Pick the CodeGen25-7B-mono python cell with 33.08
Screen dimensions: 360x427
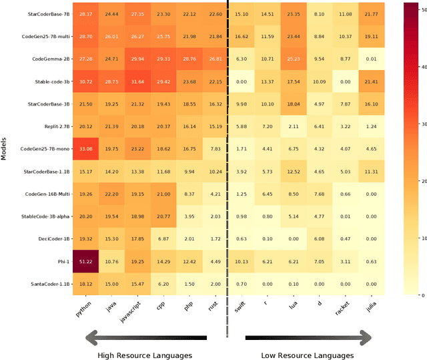(87, 149)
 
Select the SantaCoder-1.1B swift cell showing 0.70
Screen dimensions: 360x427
(242, 285)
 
